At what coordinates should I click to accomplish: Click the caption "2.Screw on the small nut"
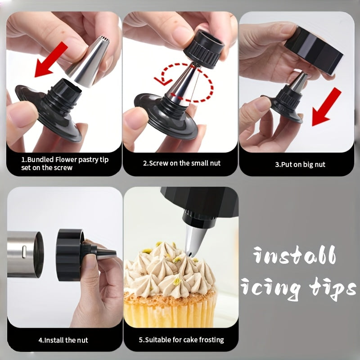coord(182,163)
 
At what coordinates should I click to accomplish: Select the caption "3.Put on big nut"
coord(300,165)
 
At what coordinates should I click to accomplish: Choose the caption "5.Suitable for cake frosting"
coord(181,340)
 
